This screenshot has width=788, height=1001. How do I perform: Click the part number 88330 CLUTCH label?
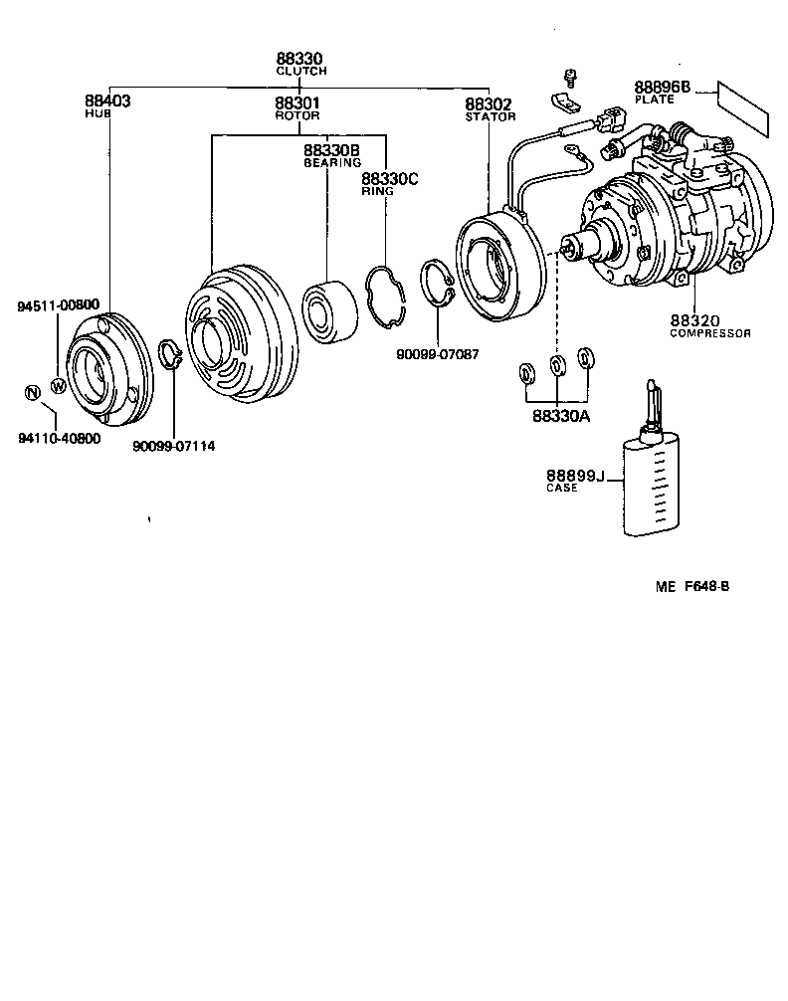pyautogui.click(x=301, y=65)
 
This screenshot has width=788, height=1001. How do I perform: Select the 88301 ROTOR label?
pyautogui.click(x=297, y=106)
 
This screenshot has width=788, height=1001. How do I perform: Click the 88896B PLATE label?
pyautogui.click(x=662, y=93)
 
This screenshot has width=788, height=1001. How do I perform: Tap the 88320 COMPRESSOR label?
pyautogui.click(x=708, y=325)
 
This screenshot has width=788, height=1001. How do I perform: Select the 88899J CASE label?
pyautogui.click(x=575, y=481)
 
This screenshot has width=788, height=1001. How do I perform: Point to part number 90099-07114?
pyautogui.click(x=173, y=446)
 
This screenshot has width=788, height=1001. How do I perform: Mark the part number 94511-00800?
pyautogui.click(x=58, y=305)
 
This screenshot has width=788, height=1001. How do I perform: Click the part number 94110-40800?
pyautogui.click(x=59, y=438)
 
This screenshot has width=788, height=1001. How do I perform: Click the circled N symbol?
pyautogui.click(x=32, y=392)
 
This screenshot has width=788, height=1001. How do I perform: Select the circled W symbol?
pyautogui.click(x=58, y=386)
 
